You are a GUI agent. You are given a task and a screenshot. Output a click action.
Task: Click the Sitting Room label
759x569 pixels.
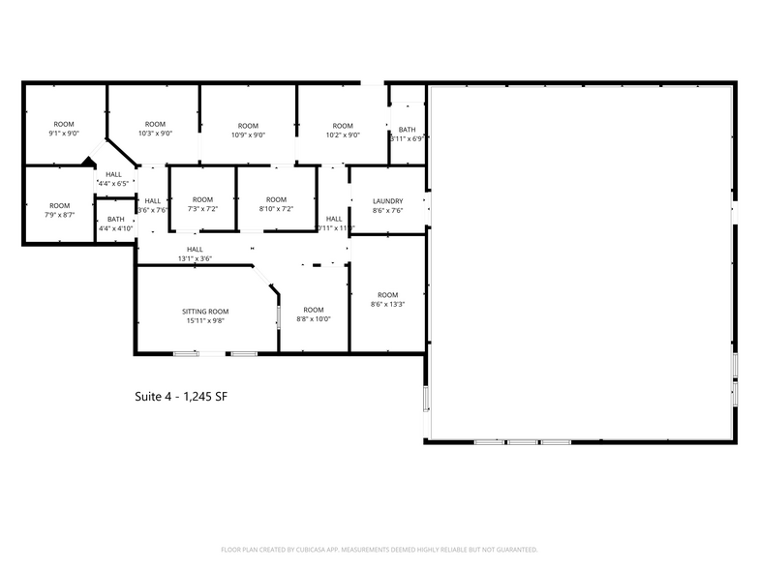point(205,312)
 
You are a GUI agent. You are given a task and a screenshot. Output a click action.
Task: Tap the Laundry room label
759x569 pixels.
point(387,201)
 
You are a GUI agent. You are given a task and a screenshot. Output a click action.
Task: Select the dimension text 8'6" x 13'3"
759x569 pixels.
point(387,305)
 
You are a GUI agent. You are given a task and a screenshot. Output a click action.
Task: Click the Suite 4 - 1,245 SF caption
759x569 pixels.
point(180,397)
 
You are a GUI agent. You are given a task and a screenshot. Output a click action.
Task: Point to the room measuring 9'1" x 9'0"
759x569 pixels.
point(64,129)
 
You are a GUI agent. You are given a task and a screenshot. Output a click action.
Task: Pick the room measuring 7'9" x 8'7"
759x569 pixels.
point(60,210)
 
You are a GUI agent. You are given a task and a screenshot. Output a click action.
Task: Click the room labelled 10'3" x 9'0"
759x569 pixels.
point(155,129)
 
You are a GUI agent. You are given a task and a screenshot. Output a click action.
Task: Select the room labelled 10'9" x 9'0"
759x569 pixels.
point(248,130)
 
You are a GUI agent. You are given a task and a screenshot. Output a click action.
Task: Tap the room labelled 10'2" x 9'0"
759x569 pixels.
point(343,130)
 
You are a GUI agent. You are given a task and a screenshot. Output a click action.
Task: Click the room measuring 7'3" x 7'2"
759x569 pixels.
point(202,203)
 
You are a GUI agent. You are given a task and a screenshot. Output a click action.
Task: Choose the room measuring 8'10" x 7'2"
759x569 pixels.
point(276,203)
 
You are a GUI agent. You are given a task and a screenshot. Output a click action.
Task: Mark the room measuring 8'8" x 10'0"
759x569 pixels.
point(313,314)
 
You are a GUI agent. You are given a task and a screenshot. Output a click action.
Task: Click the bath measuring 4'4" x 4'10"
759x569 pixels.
point(116,224)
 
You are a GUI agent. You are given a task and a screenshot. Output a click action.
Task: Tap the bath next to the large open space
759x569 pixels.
point(407,134)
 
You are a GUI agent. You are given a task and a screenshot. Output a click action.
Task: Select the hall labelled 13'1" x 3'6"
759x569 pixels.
point(195,254)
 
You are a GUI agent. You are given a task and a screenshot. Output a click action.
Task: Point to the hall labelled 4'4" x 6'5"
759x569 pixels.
point(112,178)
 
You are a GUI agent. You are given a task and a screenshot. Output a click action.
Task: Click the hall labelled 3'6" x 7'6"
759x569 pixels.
point(153,204)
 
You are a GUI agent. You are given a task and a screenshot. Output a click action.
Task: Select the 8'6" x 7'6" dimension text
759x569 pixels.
point(387,210)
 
